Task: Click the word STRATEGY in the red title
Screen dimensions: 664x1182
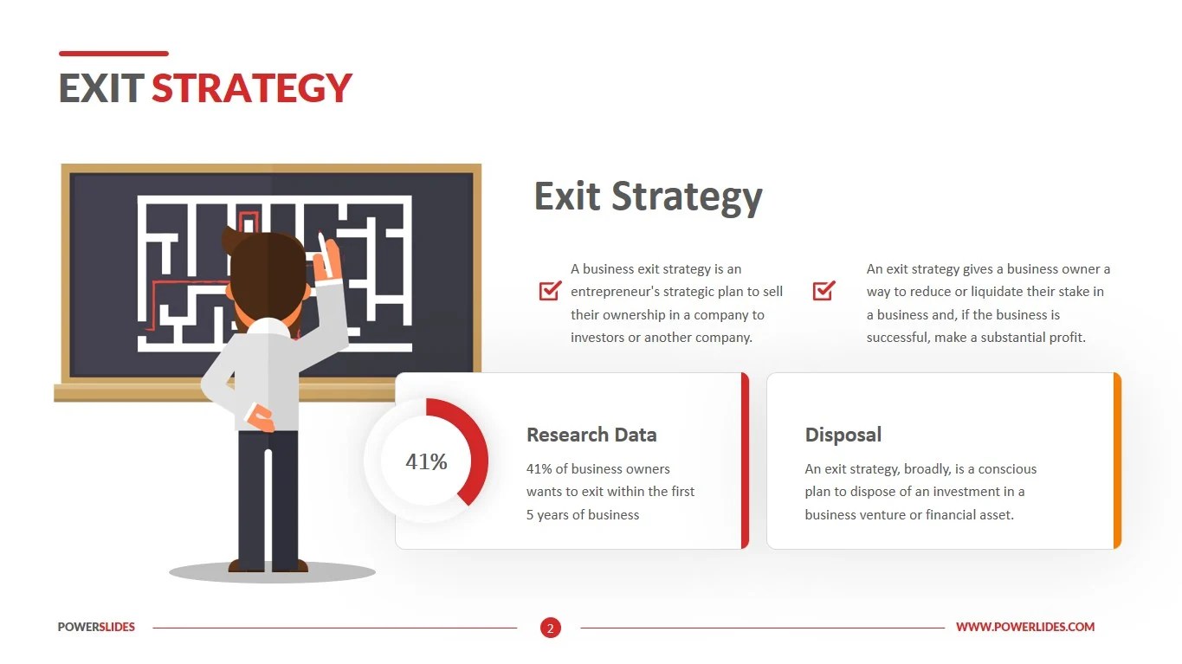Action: tap(252, 88)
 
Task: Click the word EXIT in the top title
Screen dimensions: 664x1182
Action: tap(100, 88)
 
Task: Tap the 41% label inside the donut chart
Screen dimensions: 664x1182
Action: tap(426, 461)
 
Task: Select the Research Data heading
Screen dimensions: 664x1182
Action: tap(591, 435)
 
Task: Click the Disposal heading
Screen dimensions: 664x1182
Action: tap(843, 435)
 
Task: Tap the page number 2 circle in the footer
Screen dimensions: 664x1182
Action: tap(550, 628)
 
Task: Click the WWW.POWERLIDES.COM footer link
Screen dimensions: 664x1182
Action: tap(1025, 627)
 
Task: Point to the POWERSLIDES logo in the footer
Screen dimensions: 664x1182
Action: tap(96, 627)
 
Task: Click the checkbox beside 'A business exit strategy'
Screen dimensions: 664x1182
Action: tap(550, 291)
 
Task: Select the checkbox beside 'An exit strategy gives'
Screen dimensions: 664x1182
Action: tap(824, 291)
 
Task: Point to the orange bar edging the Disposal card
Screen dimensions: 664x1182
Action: tap(1117, 461)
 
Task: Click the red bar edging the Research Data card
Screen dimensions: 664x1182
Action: tap(745, 461)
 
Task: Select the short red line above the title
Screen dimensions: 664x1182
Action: tap(113, 54)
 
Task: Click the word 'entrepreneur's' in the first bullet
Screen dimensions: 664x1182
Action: tap(615, 292)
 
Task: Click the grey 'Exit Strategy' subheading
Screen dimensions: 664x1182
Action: tap(648, 197)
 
